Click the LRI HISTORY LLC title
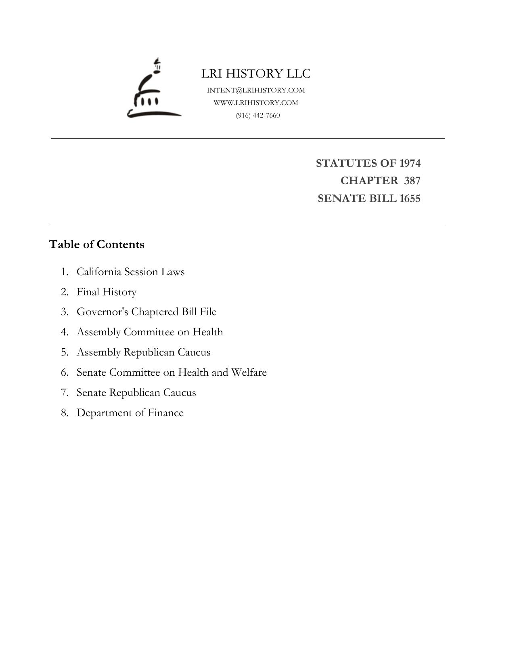tap(256, 74)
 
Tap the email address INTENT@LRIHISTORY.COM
tap(256, 90)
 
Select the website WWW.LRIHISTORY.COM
tap(256, 103)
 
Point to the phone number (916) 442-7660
tap(258, 116)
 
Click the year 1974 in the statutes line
tap(410, 163)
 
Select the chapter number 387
tap(412, 181)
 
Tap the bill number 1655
tap(410, 199)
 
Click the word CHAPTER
tap(369, 181)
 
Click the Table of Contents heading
tap(96, 244)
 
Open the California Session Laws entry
tap(130, 272)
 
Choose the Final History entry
tap(107, 292)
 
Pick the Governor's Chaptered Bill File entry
tap(147, 312)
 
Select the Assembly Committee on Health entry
tap(150, 332)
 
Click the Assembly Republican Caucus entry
tap(143, 352)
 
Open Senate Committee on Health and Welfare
tap(172, 372)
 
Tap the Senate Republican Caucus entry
tap(136, 393)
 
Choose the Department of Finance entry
tap(130, 413)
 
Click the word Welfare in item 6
tap(249, 372)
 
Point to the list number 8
tap(65, 413)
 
